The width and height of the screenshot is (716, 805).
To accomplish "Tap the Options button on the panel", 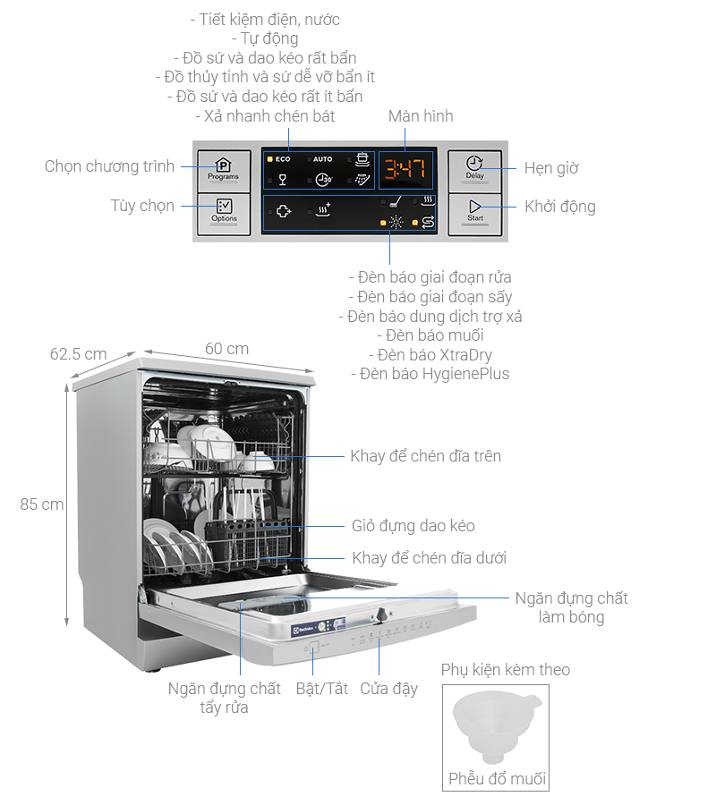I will click(x=224, y=210).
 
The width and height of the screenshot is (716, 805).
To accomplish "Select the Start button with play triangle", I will click(x=475, y=211).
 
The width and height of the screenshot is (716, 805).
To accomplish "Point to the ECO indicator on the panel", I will click(x=278, y=159).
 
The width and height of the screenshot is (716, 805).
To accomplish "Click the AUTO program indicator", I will click(x=321, y=159).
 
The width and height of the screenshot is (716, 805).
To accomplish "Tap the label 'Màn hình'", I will click(x=421, y=116).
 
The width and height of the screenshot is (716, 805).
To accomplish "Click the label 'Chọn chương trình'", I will click(x=110, y=166).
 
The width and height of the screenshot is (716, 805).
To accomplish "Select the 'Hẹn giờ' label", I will click(x=551, y=167).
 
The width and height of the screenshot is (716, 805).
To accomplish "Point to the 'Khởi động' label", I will click(x=559, y=207).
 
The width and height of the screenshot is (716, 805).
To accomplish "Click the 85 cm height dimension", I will click(x=42, y=504).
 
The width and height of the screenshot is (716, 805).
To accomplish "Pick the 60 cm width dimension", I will click(x=226, y=349).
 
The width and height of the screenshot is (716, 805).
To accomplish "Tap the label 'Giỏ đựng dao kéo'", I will click(x=413, y=526).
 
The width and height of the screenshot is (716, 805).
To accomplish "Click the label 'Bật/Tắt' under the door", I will click(x=322, y=689).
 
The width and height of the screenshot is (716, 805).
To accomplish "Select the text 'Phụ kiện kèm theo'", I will click(x=506, y=670).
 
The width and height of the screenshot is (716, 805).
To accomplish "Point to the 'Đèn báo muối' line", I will click(x=435, y=335).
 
